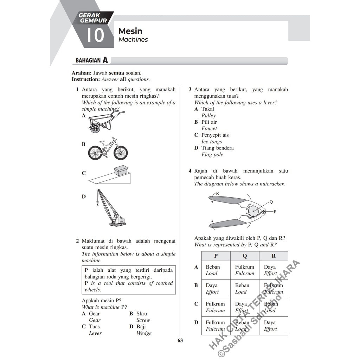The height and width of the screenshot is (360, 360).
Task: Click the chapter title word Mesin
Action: (130, 31)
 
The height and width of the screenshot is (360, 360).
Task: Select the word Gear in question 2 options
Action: (94, 314)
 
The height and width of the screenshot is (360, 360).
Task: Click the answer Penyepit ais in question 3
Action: (215, 135)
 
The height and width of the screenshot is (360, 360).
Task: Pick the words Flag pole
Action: (212, 155)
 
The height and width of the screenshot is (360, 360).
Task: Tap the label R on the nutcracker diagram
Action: (217, 193)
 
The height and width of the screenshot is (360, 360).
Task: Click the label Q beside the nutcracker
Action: (271, 202)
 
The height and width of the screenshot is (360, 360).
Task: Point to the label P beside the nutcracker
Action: (275, 212)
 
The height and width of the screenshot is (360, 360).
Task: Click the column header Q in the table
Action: (245, 256)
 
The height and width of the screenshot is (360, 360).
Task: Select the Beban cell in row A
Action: (213, 267)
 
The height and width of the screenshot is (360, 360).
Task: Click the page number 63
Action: (180, 340)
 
